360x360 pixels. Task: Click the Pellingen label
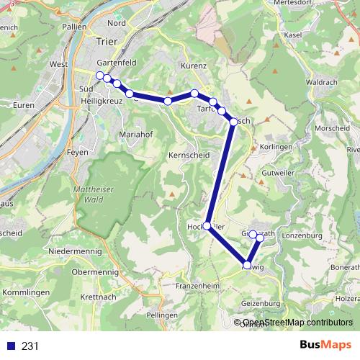point(161,316)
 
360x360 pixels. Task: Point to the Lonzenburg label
point(302,235)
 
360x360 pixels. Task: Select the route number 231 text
point(30,346)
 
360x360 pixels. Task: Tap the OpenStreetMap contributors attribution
point(297,323)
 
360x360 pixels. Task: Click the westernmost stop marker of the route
point(100,75)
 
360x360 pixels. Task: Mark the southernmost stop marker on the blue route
point(248,266)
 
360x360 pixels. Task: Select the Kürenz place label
point(194,66)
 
